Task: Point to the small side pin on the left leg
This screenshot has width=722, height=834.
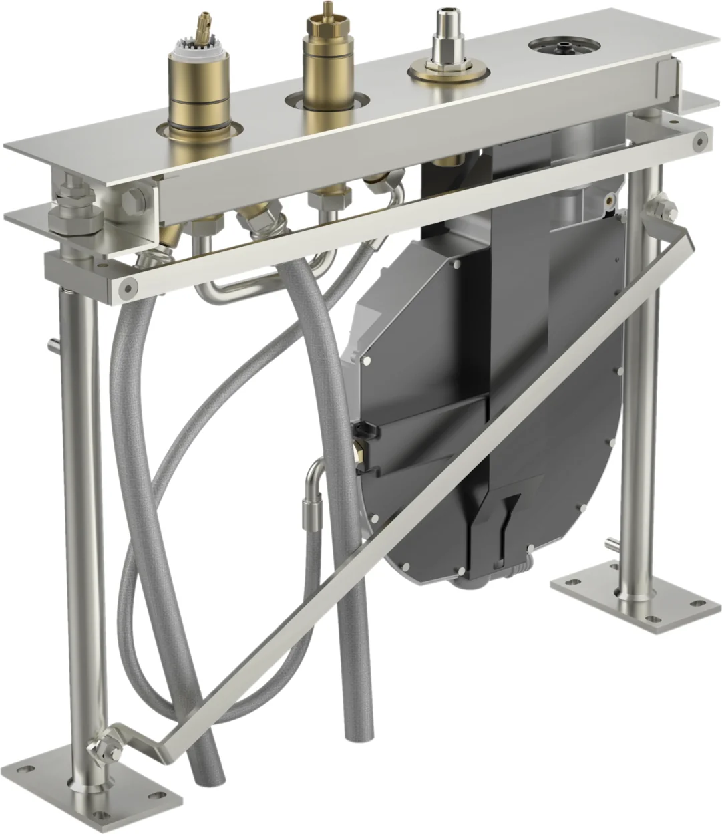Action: [x=53, y=345]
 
